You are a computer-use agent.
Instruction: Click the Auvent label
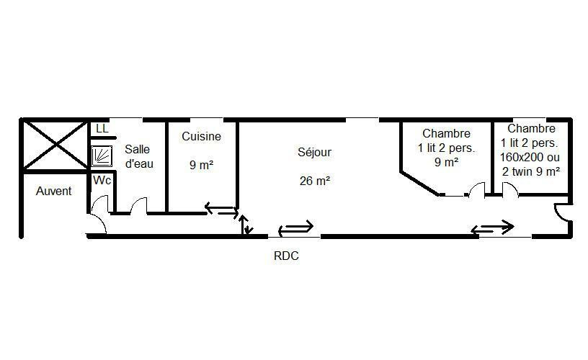pyautogui.click(x=53, y=191)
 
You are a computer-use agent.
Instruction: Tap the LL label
pyautogui.click(x=102, y=128)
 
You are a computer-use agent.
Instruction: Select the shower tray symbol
pyautogui.click(x=102, y=156)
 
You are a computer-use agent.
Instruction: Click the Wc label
pyautogui.click(x=102, y=181)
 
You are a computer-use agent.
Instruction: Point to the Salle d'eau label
pyautogui.click(x=139, y=156)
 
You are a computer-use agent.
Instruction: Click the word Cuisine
pyautogui.click(x=201, y=136)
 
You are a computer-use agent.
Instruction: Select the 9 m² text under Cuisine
pyautogui.click(x=201, y=165)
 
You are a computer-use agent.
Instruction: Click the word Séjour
pyautogui.click(x=315, y=152)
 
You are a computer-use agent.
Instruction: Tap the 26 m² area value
pyautogui.click(x=315, y=181)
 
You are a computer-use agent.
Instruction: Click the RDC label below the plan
pyautogui.click(x=286, y=256)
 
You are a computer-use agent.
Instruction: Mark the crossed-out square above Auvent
pyautogui.click(x=55, y=145)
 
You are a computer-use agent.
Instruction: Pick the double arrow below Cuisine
pyautogui.click(x=222, y=210)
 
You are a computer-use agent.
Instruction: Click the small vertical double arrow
pyautogui.click(x=245, y=225)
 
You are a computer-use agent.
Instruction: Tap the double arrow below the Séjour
pyautogui.click(x=295, y=228)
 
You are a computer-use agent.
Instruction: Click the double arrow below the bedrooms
pyautogui.click(x=492, y=228)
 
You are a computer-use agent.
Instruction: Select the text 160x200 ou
pyautogui.click(x=530, y=158)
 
